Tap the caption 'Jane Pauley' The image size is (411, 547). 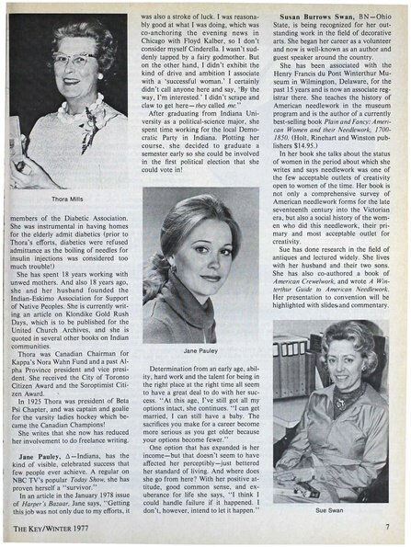(201, 351)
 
